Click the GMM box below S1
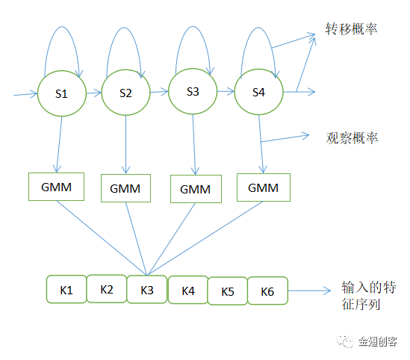(x=56, y=187)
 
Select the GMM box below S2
(x=125, y=188)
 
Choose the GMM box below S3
(x=196, y=189)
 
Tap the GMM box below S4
(x=264, y=187)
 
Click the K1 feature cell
(x=66, y=289)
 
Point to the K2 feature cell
(x=107, y=288)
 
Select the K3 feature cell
(x=147, y=289)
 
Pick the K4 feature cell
(x=188, y=290)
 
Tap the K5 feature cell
(x=228, y=291)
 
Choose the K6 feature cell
(x=268, y=291)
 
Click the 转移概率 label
(x=351, y=29)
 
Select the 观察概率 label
(x=352, y=137)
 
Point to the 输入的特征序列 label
(x=369, y=296)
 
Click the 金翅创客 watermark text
(x=378, y=341)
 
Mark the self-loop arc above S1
(x=62, y=26)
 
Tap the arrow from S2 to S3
(x=159, y=92)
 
